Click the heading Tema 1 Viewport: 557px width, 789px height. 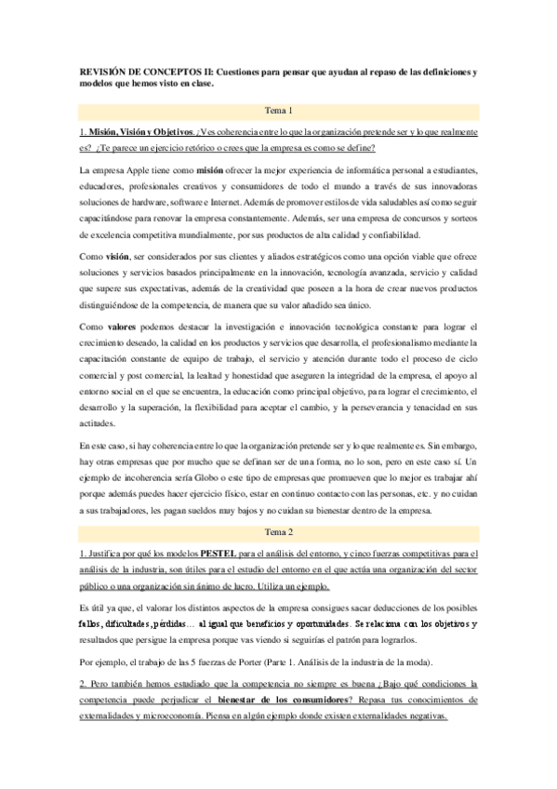tap(279, 110)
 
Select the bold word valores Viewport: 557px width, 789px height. tap(122, 327)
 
